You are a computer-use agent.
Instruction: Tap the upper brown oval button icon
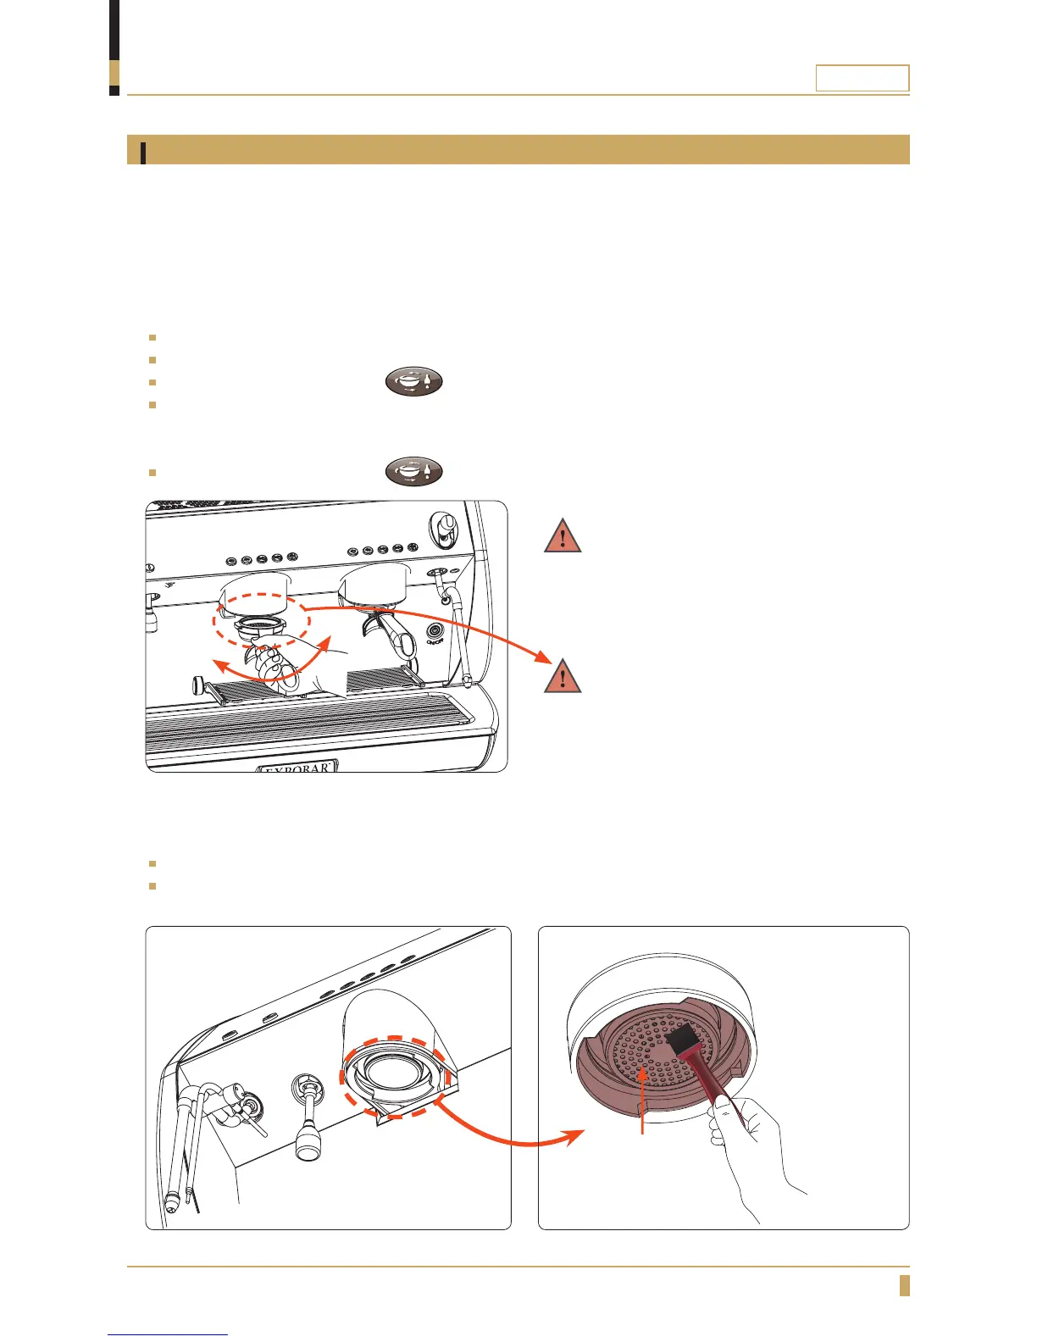tap(414, 381)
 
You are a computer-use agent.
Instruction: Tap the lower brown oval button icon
tap(414, 470)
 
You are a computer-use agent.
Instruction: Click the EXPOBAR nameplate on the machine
tap(297, 768)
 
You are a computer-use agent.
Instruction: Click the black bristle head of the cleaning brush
tap(683, 1040)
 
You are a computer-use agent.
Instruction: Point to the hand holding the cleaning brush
tap(750, 1152)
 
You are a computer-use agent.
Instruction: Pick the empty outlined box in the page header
tap(862, 78)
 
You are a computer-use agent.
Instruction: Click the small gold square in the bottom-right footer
tap(904, 1285)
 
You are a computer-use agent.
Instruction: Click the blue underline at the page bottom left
tap(169, 1334)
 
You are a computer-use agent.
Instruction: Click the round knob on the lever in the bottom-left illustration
tap(306, 1145)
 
